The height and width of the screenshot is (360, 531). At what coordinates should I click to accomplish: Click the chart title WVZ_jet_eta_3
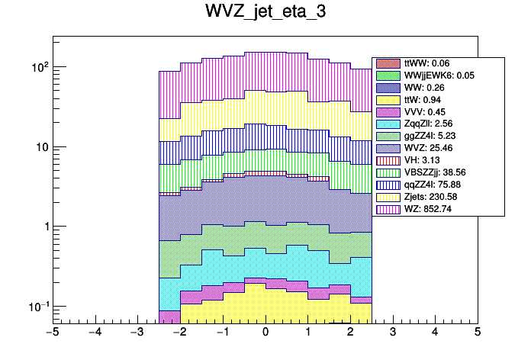[x=265, y=13]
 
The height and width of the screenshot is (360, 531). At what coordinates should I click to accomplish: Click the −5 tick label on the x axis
[x=52, y=333]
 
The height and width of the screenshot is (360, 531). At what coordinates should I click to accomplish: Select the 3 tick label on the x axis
[x=393, y=333]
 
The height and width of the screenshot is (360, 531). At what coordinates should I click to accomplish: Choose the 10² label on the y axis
[x=39, y=67]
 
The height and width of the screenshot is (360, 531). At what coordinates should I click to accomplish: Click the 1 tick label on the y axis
[x=44, y=227]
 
